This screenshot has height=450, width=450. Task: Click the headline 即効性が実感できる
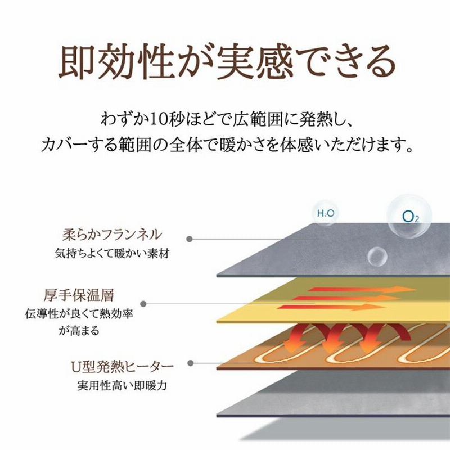pyautogui.click(x=227, y=62)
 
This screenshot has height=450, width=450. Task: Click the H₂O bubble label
pyautogui.click(x=326, y=213)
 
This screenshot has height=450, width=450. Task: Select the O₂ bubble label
pyautogui.click(x=411, y=217)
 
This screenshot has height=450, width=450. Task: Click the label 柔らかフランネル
pyautogui.click(x=112, y=235)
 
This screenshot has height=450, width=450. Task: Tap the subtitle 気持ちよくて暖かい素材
pyautogui.click(x=112, y=254)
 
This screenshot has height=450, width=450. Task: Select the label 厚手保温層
pyautogui.click(x=79, y=295)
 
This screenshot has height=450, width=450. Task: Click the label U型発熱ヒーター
pyautogui.click(x=122, y=367)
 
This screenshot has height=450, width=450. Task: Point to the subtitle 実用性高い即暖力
pyautogui.click(x=122, y=385)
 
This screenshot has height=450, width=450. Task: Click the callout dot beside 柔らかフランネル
pyautogui.click(x=190, y=238)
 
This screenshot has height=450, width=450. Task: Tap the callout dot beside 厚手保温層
pyautogui.click(x=143, y=304)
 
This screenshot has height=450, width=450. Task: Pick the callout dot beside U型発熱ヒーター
pyautogui.click(x=190, y=363)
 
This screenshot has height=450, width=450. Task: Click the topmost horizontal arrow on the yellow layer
pyautogui.click(x=362, y=289)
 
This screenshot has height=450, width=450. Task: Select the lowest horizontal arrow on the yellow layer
pyautogui.click(x=331, y=307)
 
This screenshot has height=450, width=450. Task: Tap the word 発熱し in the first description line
pyautogui.click(x=316, y=119)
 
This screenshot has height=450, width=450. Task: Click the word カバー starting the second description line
pyautogui.click(x=65, y=145)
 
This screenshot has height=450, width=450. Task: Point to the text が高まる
pyautogui.click(x=79, y=331)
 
